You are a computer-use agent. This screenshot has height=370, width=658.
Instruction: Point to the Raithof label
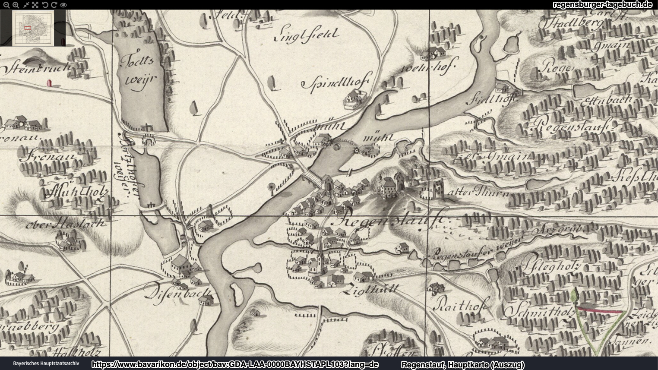point(460,304)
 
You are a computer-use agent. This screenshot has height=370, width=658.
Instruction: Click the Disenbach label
point(178,294)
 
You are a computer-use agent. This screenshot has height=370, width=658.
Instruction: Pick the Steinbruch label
point(37,68)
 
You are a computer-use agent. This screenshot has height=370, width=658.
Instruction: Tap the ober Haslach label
point(65,224)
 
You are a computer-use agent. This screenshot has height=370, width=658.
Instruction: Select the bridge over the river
point(311,177)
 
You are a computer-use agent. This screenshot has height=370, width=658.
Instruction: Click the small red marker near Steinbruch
point(49,82)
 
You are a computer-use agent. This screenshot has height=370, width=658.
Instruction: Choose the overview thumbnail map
point(33,28)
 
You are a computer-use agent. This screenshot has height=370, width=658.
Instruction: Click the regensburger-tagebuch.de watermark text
point(602,5)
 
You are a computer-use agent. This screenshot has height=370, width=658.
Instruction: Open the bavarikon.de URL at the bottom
point(235,365)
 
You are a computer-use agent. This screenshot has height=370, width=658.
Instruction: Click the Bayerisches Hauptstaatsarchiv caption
point(46,364)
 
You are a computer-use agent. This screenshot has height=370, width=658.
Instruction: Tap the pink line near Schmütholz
point(600,310)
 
